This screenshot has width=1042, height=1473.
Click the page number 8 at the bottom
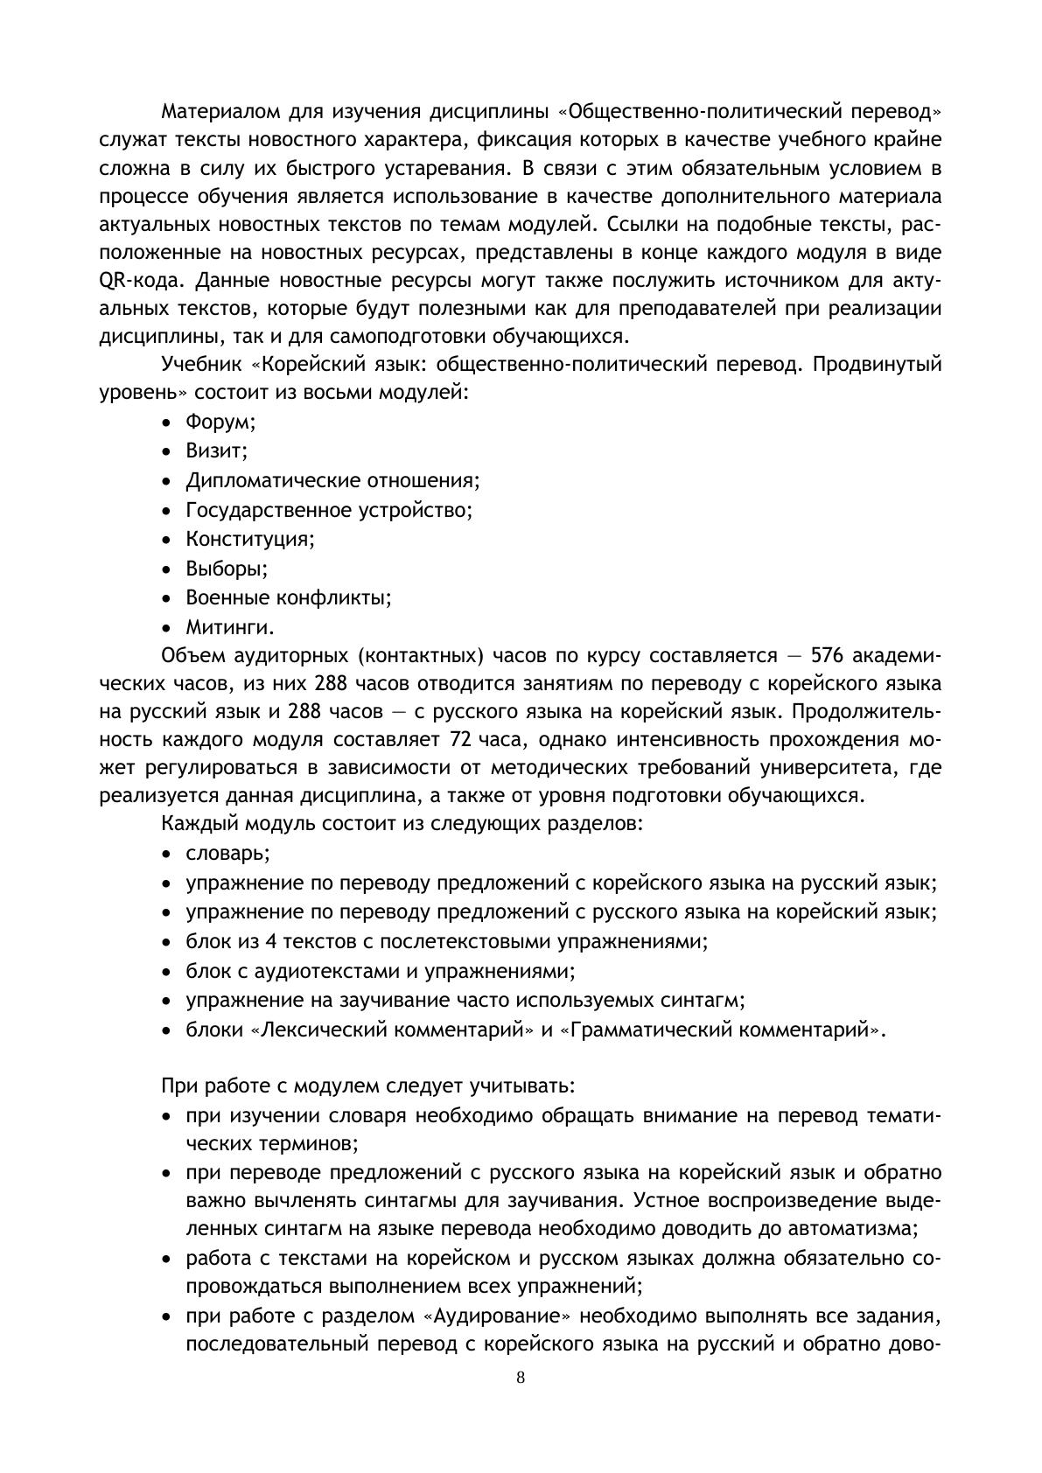[521, 1378]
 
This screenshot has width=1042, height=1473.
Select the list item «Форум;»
[220, 422]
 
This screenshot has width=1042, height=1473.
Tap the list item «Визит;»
[217, 450]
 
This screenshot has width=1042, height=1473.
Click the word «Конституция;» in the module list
[250, 539]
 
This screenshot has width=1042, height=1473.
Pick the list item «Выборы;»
[227, 569]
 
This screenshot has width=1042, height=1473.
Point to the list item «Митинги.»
[230, 627]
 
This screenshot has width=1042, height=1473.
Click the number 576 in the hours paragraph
[828, 656]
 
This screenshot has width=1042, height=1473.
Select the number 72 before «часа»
[460, 739]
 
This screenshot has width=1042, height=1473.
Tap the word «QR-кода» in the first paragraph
[143, 282]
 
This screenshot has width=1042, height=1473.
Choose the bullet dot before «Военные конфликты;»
[167, 599]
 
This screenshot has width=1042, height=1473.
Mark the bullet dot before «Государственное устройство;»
[167, 511]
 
